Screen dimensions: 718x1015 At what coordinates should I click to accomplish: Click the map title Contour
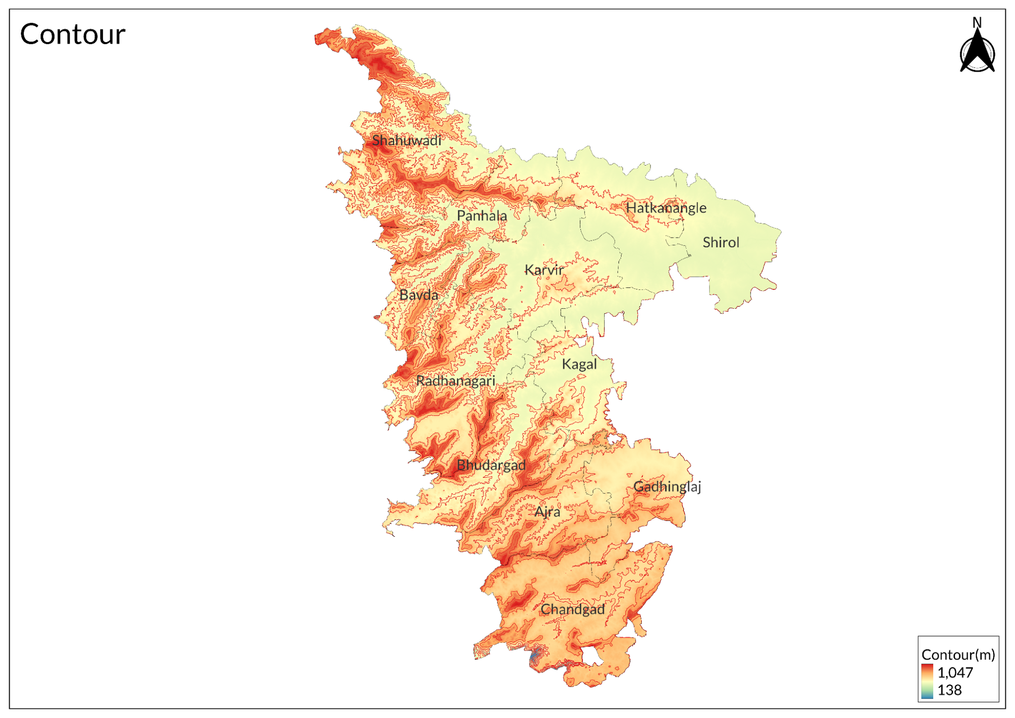(73, 35)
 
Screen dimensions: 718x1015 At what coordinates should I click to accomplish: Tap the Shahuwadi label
(406, 141)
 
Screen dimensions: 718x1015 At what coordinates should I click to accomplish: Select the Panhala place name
(481, 216)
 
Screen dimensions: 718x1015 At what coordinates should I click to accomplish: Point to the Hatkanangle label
(666, 208)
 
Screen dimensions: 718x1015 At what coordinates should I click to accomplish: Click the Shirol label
(721, 242)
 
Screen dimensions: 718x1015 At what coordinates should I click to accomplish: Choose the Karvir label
(543, 270)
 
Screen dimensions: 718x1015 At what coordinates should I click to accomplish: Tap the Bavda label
(418, 295)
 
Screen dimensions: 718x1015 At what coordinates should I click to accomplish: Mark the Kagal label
(579, 364)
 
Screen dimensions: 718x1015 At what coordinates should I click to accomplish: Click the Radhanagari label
(455, 381)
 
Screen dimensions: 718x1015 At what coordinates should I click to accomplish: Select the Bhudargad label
(490, 465)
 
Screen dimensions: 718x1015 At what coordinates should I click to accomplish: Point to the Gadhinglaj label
(667, 486)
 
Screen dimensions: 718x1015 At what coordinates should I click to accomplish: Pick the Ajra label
(547, 511)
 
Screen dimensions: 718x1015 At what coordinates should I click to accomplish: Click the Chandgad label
(572, 609)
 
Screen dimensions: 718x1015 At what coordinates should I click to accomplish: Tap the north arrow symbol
(977, 53)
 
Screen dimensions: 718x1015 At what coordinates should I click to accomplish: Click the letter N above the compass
(977, 22)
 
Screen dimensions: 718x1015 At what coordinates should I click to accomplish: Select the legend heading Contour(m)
(958, 655)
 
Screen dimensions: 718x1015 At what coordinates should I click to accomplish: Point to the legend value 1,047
(955, 672)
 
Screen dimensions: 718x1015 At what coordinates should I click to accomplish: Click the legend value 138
(949, 690)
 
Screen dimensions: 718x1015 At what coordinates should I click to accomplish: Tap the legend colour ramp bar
(927, 681)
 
